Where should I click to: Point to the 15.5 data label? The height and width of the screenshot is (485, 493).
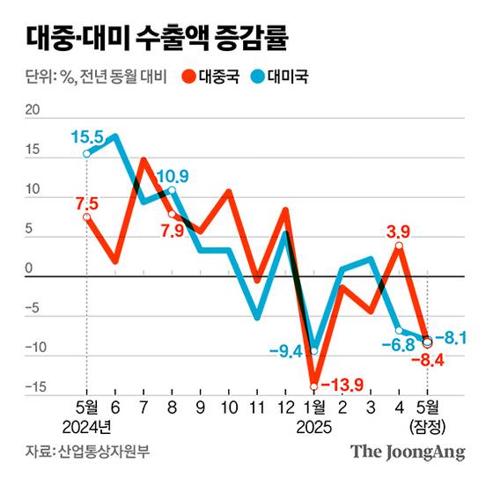88,136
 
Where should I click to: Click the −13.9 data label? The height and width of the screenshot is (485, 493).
338,386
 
